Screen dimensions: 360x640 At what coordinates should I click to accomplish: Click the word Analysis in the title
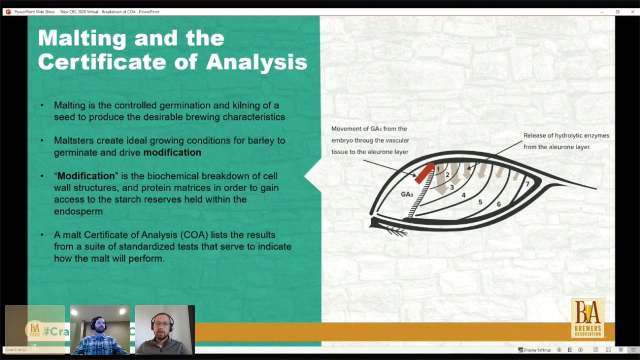coord(256,62)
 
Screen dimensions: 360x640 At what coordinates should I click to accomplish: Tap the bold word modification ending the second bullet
coord(172,152)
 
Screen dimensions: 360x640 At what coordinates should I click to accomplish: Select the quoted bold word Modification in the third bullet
coord(86,176)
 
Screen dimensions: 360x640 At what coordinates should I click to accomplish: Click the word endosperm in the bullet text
coord(78,211)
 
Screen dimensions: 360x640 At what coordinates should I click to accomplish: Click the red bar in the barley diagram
coord(424,173)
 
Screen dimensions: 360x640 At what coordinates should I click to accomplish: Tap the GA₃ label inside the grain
coord(407,194)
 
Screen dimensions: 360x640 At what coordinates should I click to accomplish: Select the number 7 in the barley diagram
coord(527,184)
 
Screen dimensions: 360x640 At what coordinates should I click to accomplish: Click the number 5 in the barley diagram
coord(480,202)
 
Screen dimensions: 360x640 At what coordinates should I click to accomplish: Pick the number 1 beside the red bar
coord(438,169)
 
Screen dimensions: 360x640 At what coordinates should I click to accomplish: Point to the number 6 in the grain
coord(498,204)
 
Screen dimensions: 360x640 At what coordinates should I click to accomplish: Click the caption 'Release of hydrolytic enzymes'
coord(566,135)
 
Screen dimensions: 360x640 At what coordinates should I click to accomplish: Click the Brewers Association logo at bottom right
coord(587,318)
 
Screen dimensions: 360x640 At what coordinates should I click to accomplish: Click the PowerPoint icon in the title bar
coord(8,11)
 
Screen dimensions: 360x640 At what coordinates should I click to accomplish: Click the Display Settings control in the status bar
coord(534,350)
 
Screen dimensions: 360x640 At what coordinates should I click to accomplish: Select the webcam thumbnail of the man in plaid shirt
coord(100,330)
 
